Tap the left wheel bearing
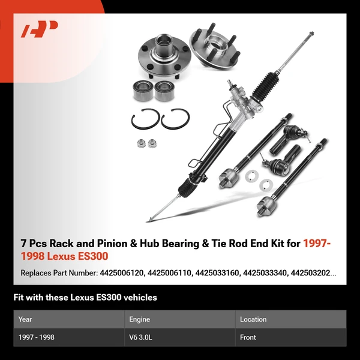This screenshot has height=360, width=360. pyautogui.click(x=142, y=89)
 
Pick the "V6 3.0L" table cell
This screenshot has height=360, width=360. pyautogui.click(x=142, y=337)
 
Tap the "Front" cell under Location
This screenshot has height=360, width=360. pyautogui.click(x=248, y=337)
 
